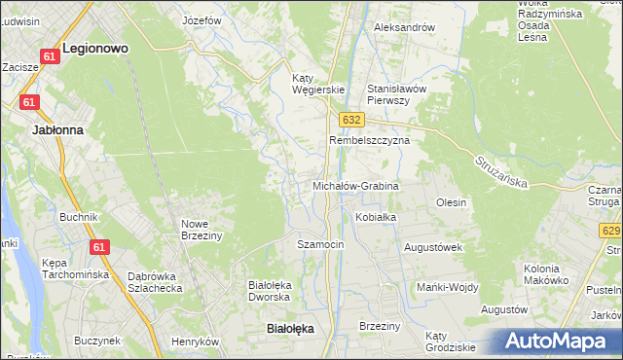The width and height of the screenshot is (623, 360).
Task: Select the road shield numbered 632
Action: pyautogui.click(x=352, y=119)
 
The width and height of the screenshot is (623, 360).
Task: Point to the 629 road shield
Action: pyautogui.click(x=611, y=231)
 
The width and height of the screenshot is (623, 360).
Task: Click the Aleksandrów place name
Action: pyautogui.click(x=404, y=27)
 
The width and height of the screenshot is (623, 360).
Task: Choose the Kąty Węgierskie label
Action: pyautogui.click(x=318, y=84)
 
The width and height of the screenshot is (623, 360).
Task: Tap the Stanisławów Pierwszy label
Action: pyautogui.click(x=396, y=93)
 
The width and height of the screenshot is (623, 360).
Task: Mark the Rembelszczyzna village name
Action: pyautogui.click(x=370, y=140)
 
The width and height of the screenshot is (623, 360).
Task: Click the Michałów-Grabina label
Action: pyautogui.click(x=355, y=185)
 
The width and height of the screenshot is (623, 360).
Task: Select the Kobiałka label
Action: pyautogui.click(x=376, y=217)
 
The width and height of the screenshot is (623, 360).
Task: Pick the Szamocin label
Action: pyautogui.click(x=320, y=244)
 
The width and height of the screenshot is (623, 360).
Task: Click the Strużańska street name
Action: pyautogui.click(x=502, y=172)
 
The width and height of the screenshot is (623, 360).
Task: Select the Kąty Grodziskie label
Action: pyautogui.click(x=450, y=341)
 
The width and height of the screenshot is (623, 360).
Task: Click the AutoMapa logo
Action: pyautogui.click(x=558, y=342)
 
